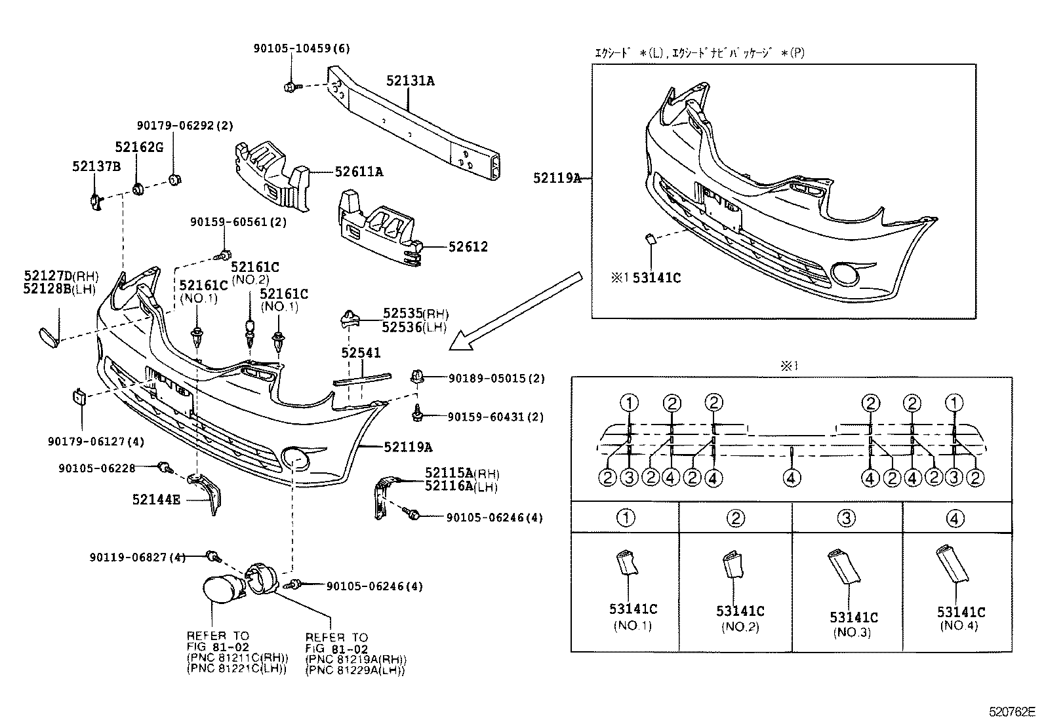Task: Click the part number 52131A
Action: (x=410, y=81)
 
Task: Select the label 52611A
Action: (x=358, y=172)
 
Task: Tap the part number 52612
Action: (x=468, y=247)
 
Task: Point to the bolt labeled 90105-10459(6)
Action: (x=291, y=86)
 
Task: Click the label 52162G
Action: (x=139, y=147)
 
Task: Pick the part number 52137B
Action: (x=96, y=167)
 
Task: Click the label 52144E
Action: (x=155, y=499)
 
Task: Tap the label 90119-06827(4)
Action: (x=137, y=558)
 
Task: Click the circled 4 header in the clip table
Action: (x=956, y=519)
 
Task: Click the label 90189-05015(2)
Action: (x=496, y=379)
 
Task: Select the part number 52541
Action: (x=360, y=353)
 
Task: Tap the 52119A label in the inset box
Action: (x=557, y=178)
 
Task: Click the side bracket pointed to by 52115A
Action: (x=382, y=498)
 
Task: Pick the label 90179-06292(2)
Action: (x=185, y=126)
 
